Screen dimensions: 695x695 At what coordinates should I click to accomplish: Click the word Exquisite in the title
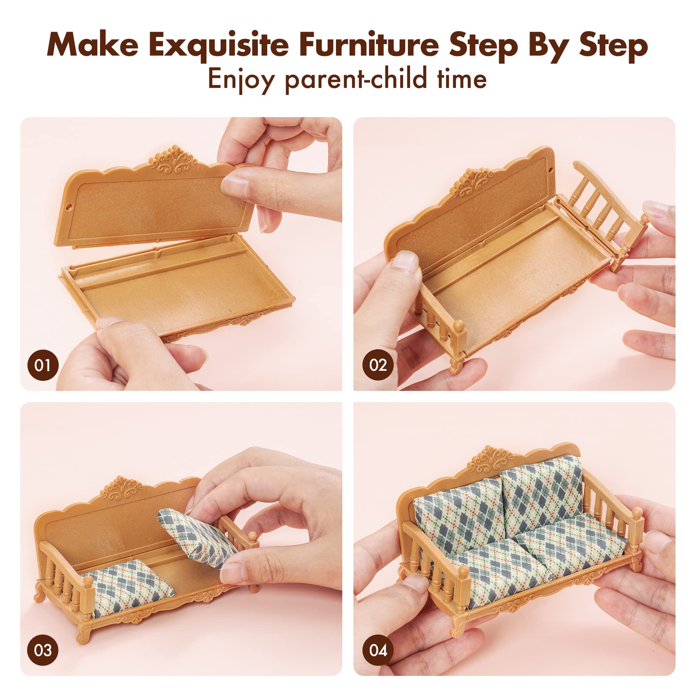coord(218,46)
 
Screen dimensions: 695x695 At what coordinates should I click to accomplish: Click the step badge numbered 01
coord(42,365)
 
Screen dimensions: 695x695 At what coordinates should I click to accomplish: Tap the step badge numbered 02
coord(378,365)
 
